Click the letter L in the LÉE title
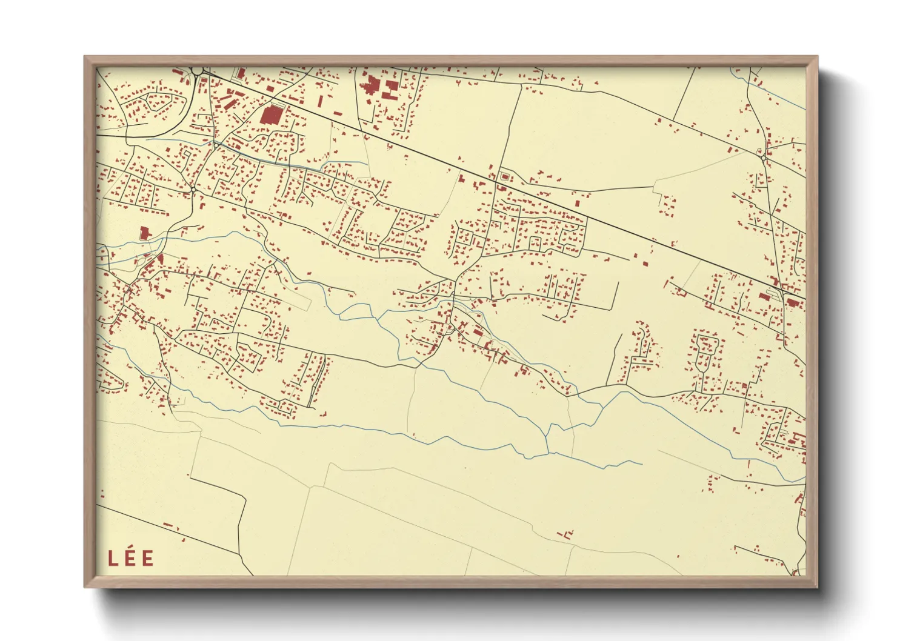pyautogui.click(x=113, y=558)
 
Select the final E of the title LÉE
pyautogui.click(x=147, y=558)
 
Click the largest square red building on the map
pyautogui.click(x=272, y=115)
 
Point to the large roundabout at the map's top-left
pyautogui.click(x=198, y=71)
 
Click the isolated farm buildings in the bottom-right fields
pyautogui.click(x=567, y=534)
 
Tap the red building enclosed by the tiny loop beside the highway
pyautogui.click(x=504, y=176)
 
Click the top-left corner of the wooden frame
pyautogui.click(x=85, y=57)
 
